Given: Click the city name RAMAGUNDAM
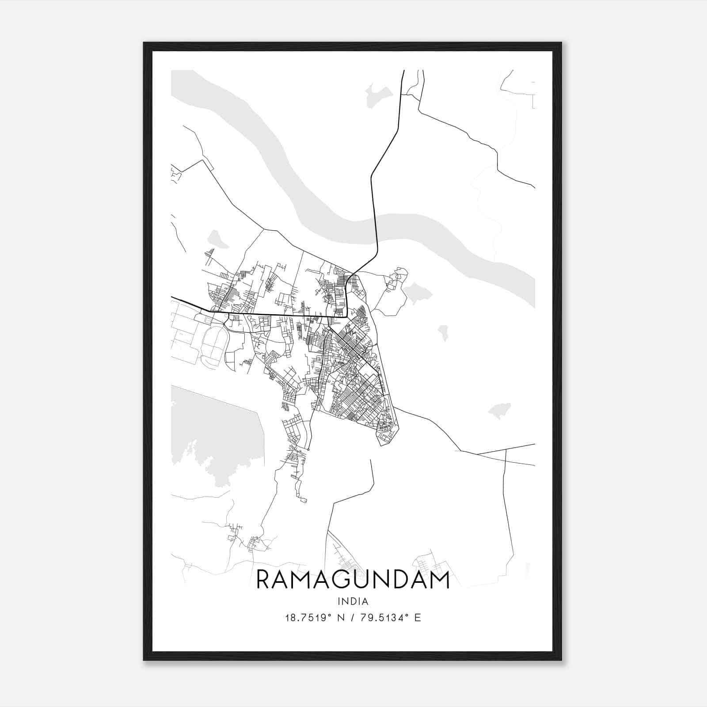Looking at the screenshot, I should (353, 580).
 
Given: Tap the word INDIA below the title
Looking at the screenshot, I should (353, 601).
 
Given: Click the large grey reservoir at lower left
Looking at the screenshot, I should (212, 433).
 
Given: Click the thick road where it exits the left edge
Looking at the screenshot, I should (172, 297).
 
